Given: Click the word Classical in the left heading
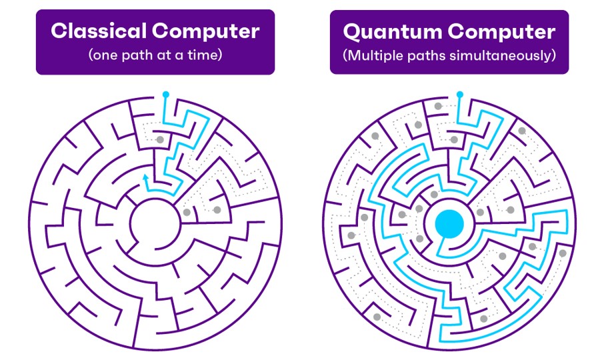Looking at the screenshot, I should click(94, 31).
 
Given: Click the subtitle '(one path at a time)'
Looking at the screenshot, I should click(155, 55).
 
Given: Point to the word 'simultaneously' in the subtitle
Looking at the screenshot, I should click(505, 55).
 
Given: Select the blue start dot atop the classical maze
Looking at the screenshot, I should click(165, 95).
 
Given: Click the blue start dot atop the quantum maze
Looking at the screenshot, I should click(459, 95).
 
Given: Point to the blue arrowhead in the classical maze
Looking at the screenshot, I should click(145, 177).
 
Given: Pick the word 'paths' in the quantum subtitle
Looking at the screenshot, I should click(434, 55).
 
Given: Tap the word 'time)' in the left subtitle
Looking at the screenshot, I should click(205, 55).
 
